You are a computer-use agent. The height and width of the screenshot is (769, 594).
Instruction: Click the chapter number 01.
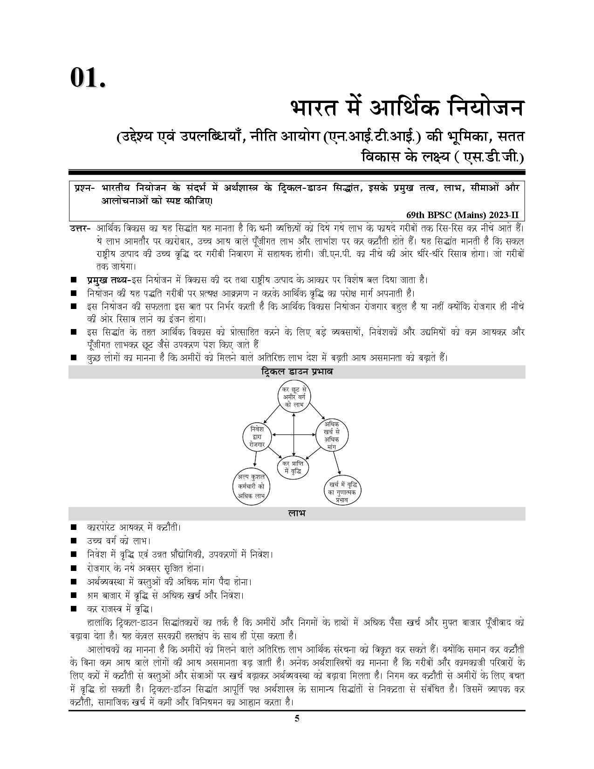(88, 77)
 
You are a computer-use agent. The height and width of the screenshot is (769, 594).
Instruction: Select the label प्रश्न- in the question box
(84, 188)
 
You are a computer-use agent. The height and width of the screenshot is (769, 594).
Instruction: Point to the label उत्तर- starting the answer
(80, 228)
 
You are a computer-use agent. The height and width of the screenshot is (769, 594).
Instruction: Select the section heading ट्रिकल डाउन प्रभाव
(296, 372)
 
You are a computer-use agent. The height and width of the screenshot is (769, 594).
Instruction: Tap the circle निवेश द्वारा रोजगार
(257, 437)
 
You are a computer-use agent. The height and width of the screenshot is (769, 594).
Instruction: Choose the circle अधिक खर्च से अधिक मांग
(332, 435)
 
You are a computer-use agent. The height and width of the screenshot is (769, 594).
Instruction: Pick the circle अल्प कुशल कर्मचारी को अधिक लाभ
(251, 487)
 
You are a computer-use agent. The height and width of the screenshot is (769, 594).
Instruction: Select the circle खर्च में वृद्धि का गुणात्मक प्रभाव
(342, 491)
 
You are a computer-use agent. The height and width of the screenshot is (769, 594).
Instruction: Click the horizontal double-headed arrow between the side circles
(294, 435)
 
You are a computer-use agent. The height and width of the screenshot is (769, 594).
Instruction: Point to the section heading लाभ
(296, 514)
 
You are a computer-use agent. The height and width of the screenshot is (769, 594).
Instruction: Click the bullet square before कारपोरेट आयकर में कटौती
(74, 528)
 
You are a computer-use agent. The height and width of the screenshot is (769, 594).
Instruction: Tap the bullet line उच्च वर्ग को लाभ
(119, 541)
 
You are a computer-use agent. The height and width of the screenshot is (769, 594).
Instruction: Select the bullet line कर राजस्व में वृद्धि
(120, 609)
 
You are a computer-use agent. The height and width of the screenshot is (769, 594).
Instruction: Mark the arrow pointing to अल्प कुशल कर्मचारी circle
(256, 459)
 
